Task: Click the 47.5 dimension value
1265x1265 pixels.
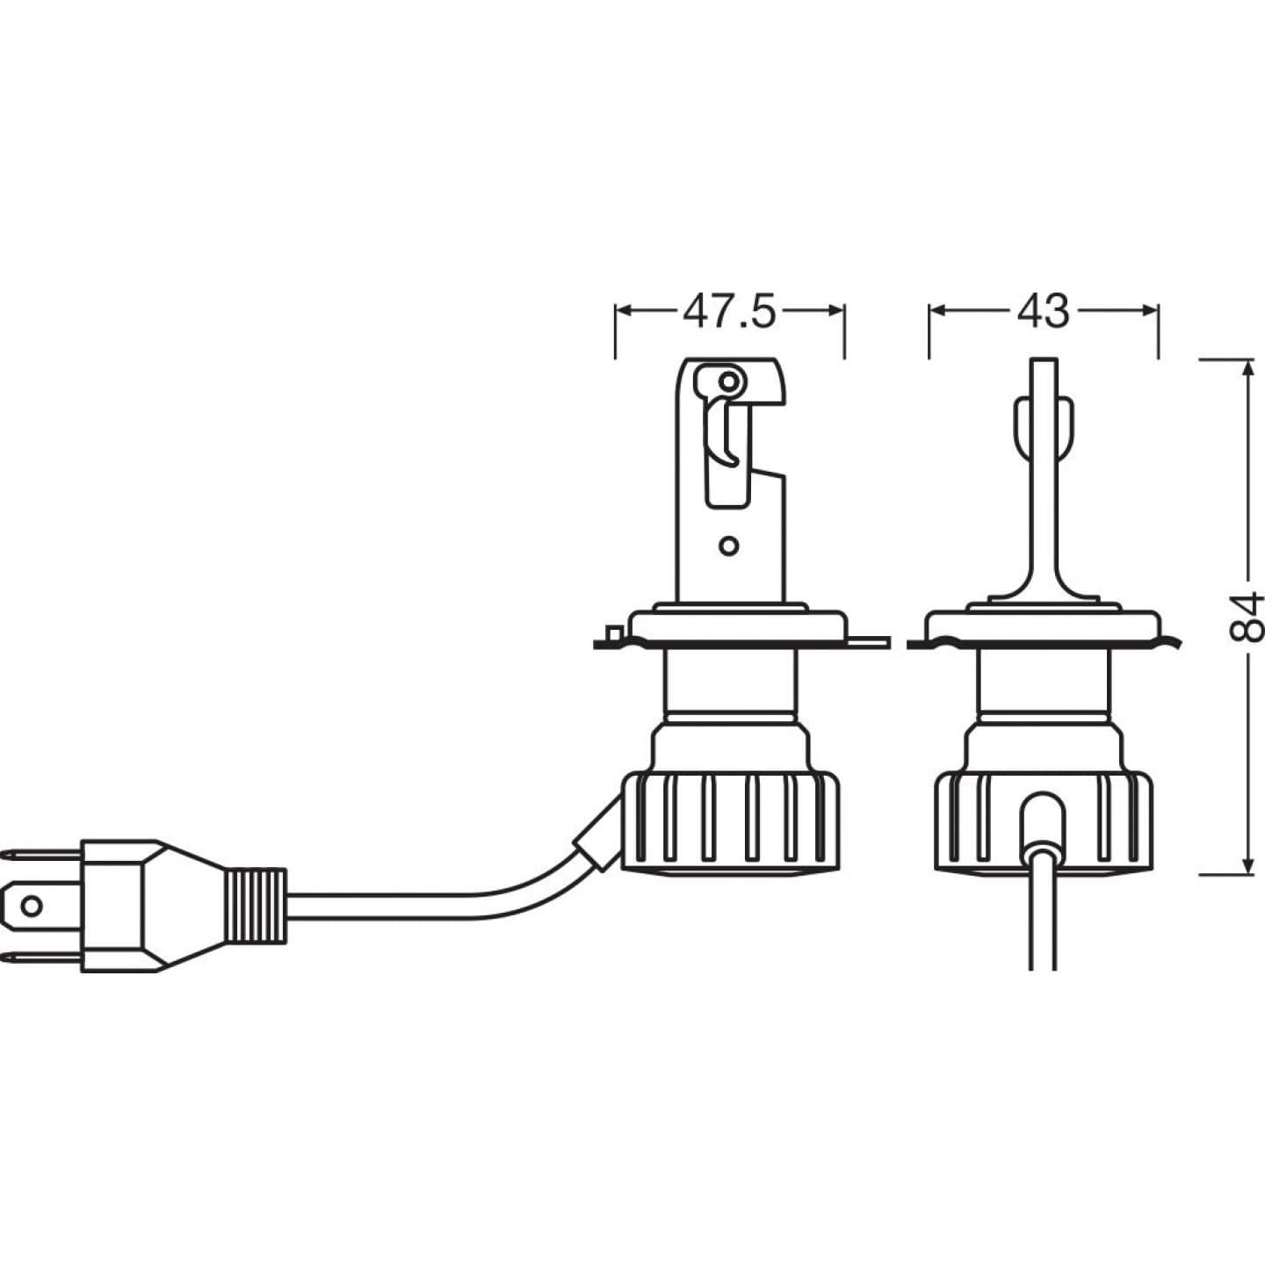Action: pos(729,312)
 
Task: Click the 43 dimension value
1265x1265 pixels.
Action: pos(1044,312)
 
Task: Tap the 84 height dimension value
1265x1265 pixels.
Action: pos(1246,617)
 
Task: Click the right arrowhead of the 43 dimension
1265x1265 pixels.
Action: pos(1149,310)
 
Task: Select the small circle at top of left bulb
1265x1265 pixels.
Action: pos(727,381)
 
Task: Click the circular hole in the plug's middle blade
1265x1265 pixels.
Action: pos(33,905)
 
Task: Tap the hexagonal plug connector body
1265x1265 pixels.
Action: pos(123,905)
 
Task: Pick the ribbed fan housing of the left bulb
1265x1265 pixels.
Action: pos(729,821)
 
